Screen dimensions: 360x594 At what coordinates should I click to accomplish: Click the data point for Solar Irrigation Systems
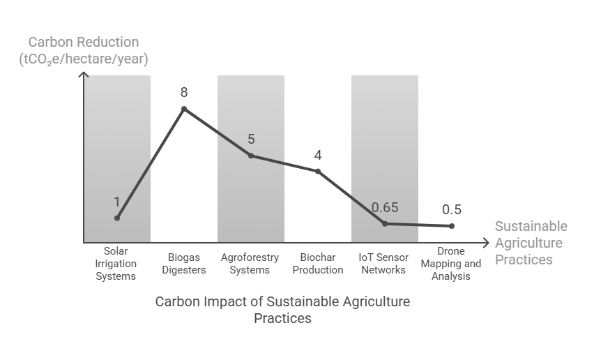[x=117, y=218]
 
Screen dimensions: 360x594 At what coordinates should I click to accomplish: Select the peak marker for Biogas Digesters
[x=184, y=109]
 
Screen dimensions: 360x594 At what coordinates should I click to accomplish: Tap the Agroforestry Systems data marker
[x=251, y=156]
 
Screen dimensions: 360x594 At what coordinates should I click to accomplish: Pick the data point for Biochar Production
[x=318, y=171]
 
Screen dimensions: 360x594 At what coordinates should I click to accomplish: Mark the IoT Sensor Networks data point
[x=385, y=224]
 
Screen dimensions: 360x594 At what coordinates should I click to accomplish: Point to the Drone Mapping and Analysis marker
[x=452, y=226]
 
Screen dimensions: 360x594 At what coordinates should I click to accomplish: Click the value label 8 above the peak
[x=184, y=92]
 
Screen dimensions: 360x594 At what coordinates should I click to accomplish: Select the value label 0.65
[x=385, y=207]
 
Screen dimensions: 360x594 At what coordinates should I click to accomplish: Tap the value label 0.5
[x=452, y=209]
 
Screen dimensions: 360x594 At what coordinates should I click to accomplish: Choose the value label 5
[x=251, y=139]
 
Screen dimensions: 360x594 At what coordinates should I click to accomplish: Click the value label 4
[x=318, y=154]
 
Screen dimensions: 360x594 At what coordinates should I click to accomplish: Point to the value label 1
[x=117, y=202]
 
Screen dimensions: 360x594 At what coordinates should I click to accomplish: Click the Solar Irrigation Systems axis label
[x=116, y=263]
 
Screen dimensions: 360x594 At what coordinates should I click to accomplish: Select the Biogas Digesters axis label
[x=184, y=263]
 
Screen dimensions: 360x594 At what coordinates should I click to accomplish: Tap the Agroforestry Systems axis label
[x=250, y=263]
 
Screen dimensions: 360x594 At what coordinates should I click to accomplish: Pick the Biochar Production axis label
[x=318, y=263]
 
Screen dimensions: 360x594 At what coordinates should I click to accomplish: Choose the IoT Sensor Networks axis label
[x=384, y=263]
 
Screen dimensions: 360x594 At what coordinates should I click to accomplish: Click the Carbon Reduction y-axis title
[x=84, y=52]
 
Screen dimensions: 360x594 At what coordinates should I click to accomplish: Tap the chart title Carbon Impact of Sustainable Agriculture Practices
[x=282, y=310]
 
